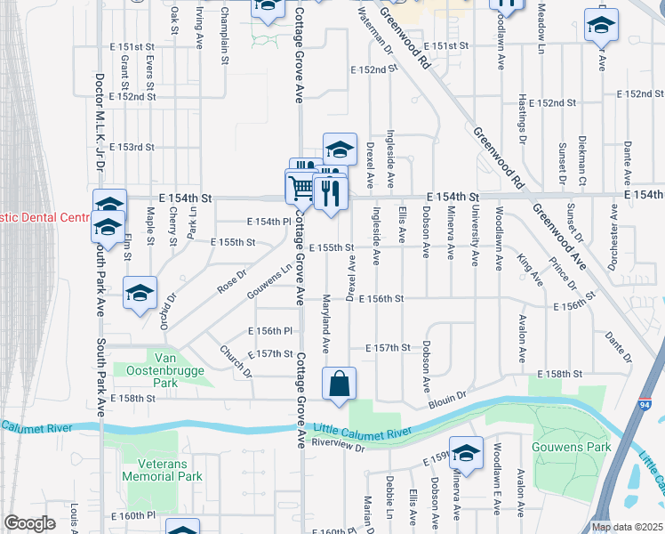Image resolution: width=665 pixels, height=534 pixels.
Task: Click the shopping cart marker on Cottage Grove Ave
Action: (x=300, y=188)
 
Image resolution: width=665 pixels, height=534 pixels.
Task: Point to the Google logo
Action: (x=30, y=523)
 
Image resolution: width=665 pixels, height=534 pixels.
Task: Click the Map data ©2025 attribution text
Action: (x=627, y=527)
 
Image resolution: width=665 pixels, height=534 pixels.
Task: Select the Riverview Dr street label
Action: (x=340, y=444)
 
